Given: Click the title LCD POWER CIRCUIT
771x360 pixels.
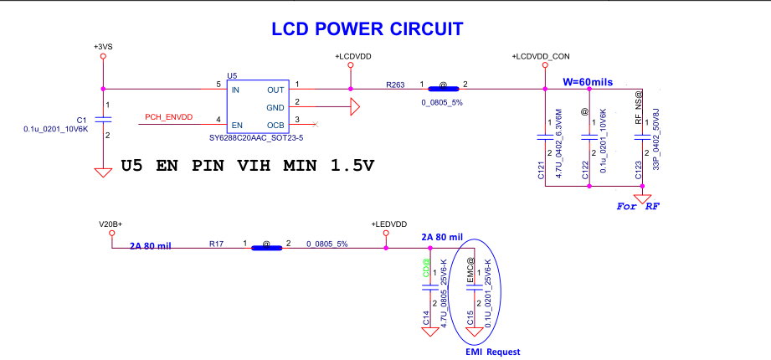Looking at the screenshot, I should (367, 29).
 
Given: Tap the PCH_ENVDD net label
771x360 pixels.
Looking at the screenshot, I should (169, 117).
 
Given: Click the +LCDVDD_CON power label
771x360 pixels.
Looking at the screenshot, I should (539, 56).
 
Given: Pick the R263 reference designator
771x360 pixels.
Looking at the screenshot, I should (395, 85).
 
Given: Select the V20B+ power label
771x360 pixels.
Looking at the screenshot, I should (111, 224).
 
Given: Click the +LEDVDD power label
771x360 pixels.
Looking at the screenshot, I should (388, 224).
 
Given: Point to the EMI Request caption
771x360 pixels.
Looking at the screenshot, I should (492, 352).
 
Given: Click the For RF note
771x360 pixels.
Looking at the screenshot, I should (636, 205).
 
